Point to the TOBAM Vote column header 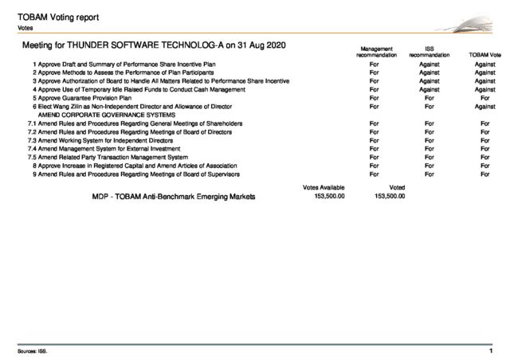(x=484, y=54)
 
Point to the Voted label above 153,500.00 (x=385, y=186)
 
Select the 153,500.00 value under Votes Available (x=326, y=196)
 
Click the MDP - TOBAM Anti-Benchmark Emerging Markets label (x=175, y=196)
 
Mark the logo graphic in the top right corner (x=469, y=25)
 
